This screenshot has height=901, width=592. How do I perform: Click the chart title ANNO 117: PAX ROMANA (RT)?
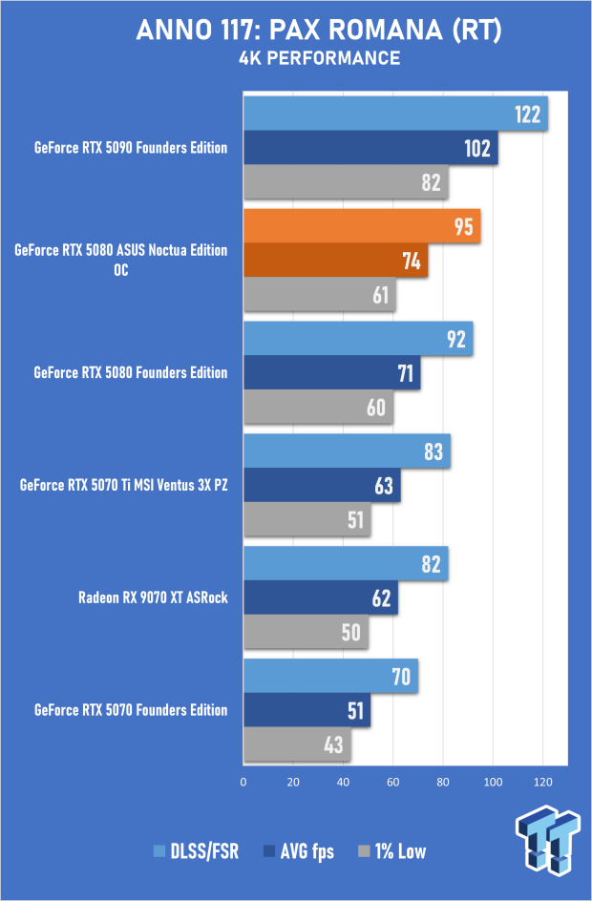click(x=319, y=31)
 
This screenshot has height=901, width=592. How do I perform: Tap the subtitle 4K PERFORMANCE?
click(x=319, y=59)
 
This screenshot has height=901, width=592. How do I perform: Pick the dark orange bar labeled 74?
click(x=335, y=262)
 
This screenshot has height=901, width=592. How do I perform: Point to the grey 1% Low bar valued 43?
click(x=297, y=744)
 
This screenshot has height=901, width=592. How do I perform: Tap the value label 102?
click(x=476, y=149)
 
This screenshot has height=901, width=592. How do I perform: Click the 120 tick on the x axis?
click(x=542, y=783)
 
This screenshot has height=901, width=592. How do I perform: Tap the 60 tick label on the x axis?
click(x=392, y=783)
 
